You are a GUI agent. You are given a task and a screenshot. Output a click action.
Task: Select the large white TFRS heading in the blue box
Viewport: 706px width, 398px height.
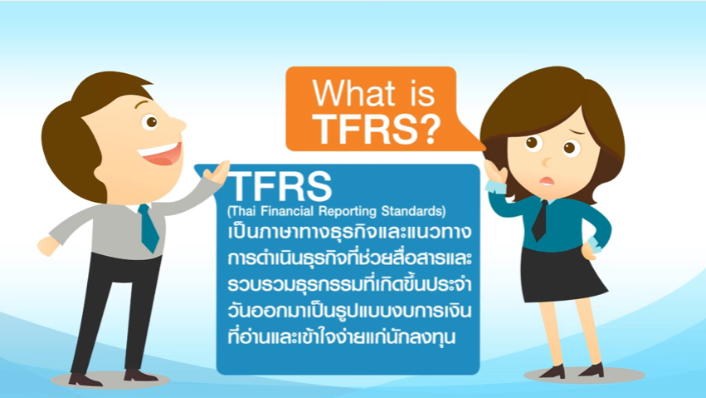[x=280, y=186]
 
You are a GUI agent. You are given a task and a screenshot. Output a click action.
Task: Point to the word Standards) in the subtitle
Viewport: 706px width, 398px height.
[x=413, y=211]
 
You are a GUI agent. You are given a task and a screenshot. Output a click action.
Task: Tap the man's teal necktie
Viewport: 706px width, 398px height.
[x=149, y=228]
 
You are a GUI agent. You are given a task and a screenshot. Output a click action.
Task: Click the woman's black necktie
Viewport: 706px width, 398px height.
[x=540, y=220]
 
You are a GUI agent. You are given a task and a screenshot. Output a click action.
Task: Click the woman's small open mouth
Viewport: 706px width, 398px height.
[x=547, y=181]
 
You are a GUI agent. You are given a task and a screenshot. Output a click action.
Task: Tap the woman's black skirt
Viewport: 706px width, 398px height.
[x=560, y=273]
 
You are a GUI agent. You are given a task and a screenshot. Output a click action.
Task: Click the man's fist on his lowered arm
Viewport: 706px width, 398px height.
[x=48, y=246]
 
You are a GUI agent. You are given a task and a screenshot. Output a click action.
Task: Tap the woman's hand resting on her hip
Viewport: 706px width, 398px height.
[x=588, y=252]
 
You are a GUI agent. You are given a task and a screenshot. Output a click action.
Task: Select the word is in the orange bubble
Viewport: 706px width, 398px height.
[x=421, y=94]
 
